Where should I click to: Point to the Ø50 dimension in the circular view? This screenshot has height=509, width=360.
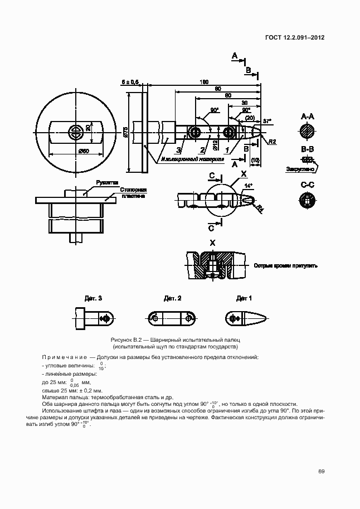point(84,151)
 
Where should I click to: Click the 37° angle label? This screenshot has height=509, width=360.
point(266,121)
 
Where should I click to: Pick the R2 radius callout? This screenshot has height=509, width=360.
point(273,142)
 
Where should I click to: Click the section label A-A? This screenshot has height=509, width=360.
point(308,117)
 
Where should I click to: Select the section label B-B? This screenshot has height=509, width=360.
point(308,149)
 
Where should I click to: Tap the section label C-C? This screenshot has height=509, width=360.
point(308,185)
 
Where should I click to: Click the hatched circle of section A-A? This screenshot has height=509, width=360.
point(308,132)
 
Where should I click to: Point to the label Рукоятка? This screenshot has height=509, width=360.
point(106,182)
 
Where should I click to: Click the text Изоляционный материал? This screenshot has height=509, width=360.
point(193,159)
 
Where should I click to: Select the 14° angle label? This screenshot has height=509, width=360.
point(249,186)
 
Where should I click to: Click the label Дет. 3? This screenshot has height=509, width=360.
point(93,298)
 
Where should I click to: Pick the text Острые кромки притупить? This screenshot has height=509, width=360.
point(285,266)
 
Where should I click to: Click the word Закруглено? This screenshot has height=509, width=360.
point(301,168)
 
